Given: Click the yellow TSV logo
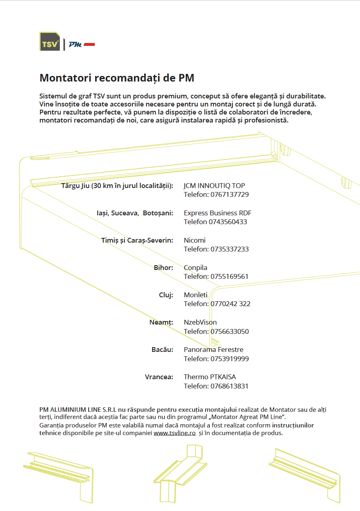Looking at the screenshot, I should [x=49, y=41].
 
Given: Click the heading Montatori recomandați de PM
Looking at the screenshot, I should [x=117, y=78].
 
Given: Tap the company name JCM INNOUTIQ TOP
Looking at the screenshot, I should [x=214, y=186].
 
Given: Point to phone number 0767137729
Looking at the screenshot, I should [x=230, y=195].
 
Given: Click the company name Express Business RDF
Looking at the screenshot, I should [x=218, y=213].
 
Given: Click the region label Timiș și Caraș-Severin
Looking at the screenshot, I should [x=137, y=240].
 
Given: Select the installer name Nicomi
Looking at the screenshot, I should [x=195, y=240].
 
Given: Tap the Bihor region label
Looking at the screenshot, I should [x=163, y=268].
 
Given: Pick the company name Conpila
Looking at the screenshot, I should [x=195, y=268].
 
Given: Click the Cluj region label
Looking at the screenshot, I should [x=166, y=295].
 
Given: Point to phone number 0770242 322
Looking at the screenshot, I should [x=230, y=304].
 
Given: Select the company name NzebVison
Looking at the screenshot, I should [x=200, y=322].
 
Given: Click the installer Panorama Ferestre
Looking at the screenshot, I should [x=214, y=350].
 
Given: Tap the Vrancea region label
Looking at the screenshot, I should [x=159, y=377].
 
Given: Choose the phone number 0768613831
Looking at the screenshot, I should [x=230, y=386].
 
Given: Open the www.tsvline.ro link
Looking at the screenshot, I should [x=175, y=433].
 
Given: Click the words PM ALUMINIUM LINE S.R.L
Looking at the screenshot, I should [x=78, y=410].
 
